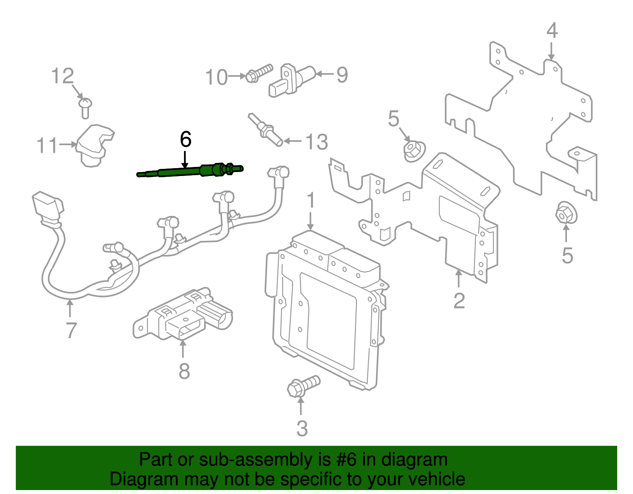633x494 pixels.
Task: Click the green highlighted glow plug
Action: [190, 171]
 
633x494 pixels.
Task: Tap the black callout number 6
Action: [185, 139]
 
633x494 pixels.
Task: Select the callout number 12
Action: [63, 76]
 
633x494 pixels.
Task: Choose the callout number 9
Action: [342, 75]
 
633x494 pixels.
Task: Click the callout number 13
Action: [317, 142]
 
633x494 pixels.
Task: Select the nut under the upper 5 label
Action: [413, 151]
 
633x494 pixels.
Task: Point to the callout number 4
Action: [552, 30]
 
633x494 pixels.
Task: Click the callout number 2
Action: [459, 301]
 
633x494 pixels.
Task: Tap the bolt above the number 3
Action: [302, 386]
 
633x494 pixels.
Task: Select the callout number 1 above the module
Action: [311, 200]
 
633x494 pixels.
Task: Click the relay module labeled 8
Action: [182, 316]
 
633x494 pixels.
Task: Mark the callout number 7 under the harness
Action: [71, 330]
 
